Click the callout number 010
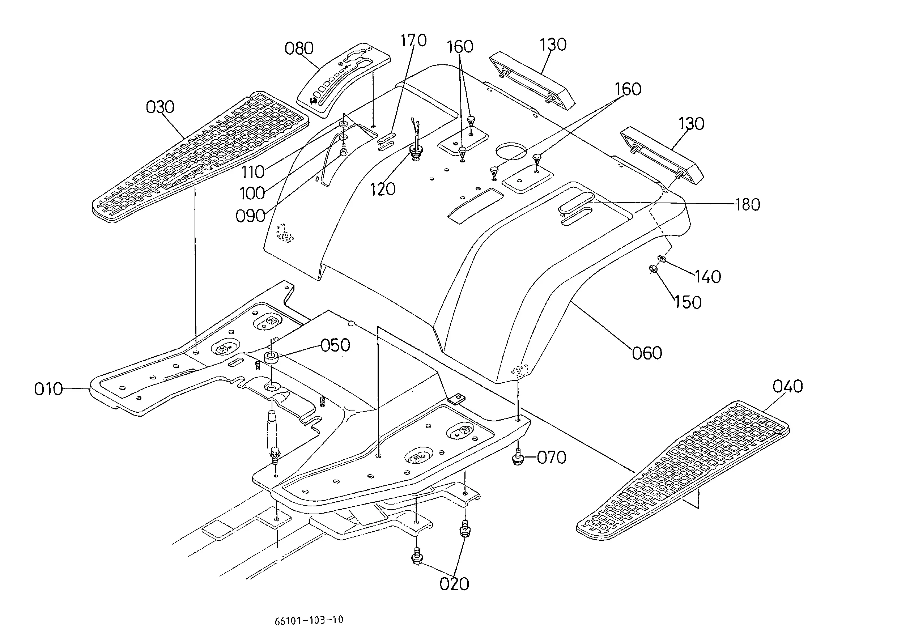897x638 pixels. pos(48,389)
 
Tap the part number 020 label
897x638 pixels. pos(454,584)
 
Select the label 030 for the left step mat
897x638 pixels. pos(160,107)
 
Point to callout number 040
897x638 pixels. pos(787,387)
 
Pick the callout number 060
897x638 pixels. pos(647,353)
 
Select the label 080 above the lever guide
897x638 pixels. pos(299,48)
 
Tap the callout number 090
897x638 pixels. pos(250,216)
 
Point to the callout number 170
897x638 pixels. pos(413,40)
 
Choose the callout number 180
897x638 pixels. pos(748,205)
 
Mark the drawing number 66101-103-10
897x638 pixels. pos(309,620)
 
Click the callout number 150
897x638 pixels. pos(688,302)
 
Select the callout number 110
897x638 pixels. pos(252,172)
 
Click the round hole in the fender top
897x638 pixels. pos(511,151)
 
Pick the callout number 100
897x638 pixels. pos(252,193)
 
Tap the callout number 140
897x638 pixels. pos(707,277)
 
